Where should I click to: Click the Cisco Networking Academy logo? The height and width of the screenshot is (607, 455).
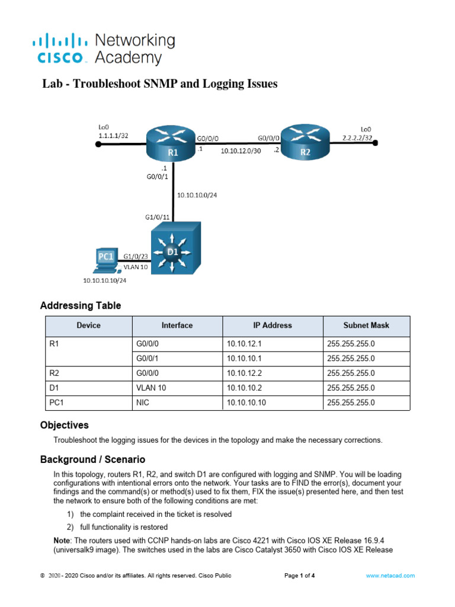pos(103,49)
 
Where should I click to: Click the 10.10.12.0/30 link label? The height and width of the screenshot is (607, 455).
pos(241,151)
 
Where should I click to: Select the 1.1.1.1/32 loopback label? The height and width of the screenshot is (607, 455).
pos(113,136)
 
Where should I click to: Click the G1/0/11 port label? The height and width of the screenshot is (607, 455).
pos(158,217)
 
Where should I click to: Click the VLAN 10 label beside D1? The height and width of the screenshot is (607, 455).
pos(136,267)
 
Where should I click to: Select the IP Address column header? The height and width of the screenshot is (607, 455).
pos(272,325)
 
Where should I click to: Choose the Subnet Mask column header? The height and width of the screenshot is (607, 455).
pos(366,325)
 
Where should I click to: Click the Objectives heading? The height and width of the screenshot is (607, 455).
pos(65,425)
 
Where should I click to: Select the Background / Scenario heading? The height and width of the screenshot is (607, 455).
pos(92,459)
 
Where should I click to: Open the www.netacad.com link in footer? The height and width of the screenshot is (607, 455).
pos(390,576)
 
